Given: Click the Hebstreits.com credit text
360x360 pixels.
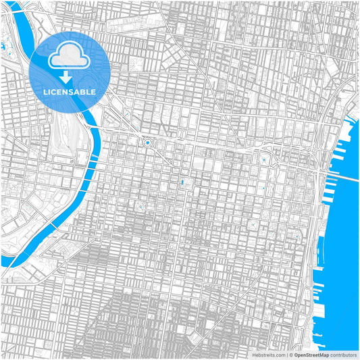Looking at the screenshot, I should (x=269, y=355).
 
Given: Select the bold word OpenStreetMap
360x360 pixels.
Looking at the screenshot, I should (x=311, y=355).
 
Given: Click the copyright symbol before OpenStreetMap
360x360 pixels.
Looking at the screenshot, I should (x=289, y=355).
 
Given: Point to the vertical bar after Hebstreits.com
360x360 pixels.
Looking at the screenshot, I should (x=286, y=355).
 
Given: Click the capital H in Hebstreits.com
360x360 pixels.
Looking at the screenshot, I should (x=254, y=355).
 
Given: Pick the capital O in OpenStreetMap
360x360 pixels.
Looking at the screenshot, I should (x=294, y=355).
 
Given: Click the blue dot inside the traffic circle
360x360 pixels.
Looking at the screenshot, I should (x=147, y=143).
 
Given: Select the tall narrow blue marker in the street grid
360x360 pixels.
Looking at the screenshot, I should (x=181, y=182).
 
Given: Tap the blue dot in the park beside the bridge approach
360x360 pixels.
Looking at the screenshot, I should (x=263, y=159).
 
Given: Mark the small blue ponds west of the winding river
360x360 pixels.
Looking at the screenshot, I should (x=3, y=48).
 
